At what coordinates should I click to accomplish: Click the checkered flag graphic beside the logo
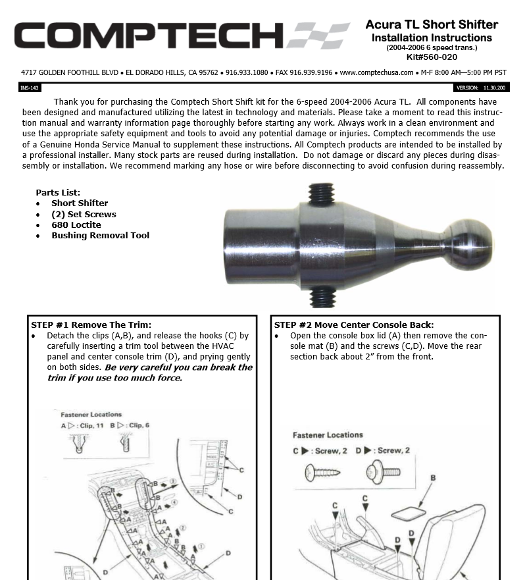pyautogui.click(x=320, y=36)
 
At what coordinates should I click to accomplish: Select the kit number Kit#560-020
pyautogui.click(x=432, y=57)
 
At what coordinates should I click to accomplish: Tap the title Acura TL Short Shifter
pyautogui.click(x=432, y=25)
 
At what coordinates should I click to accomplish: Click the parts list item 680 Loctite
pyautogui.click(x=76, y=224)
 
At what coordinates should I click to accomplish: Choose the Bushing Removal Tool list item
pyautogui.click(x=100, y=235)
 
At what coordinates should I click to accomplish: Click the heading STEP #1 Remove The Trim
pyautogui.click(x=91, y=325)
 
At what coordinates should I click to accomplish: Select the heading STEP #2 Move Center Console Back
pyautogui.click(x=353, y=325)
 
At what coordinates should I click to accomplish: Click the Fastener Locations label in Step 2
pyautogui.click(x=328, y=435)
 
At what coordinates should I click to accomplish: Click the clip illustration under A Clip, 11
pyautogui.click(x=76, y=445)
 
